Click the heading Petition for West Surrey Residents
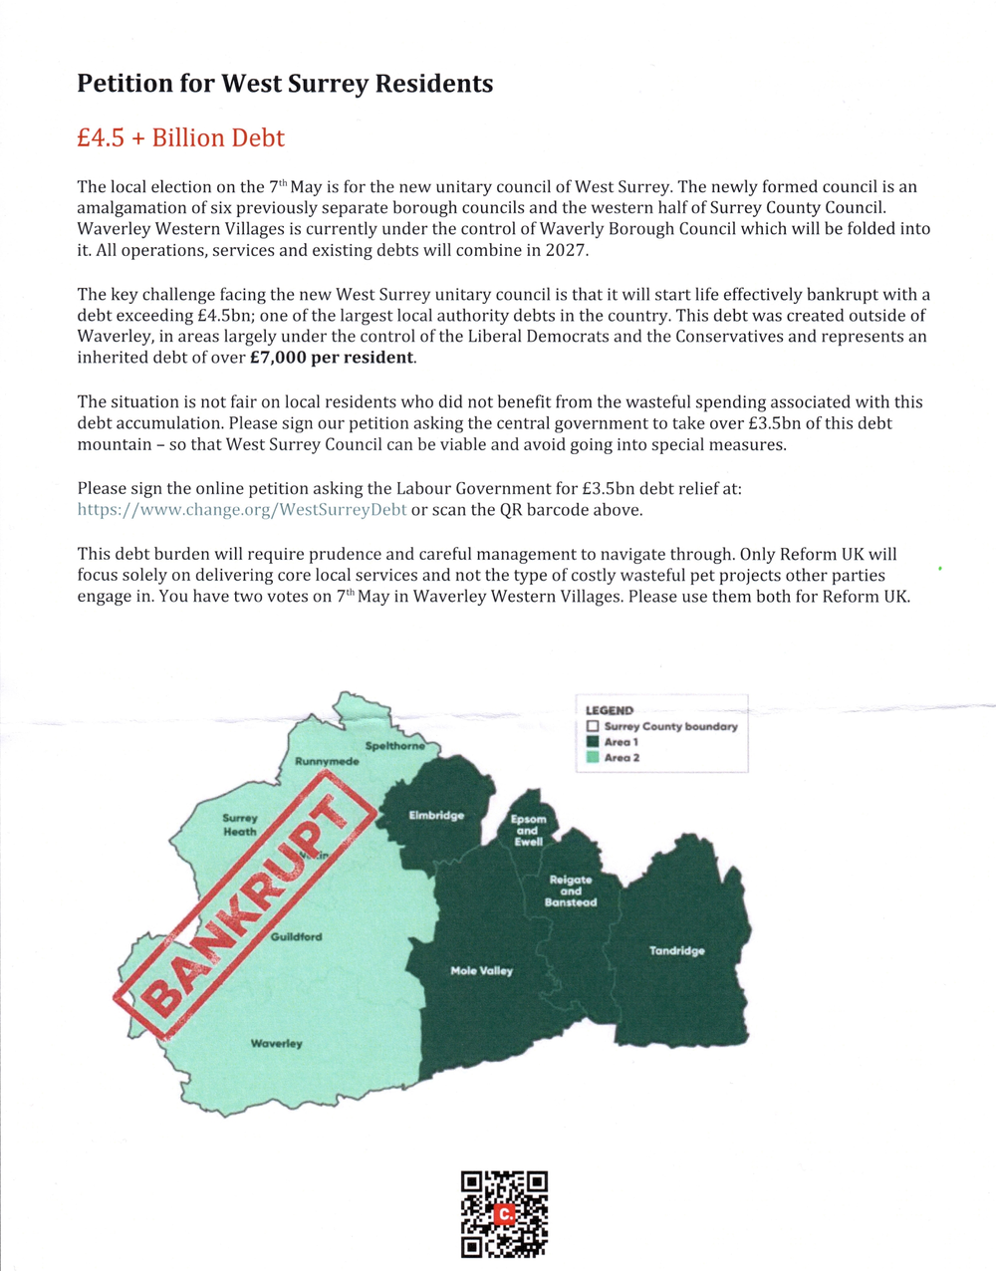(x=285, y=84)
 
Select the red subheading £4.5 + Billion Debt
(x=180, y=137)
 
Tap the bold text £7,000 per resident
(x=333, y=358)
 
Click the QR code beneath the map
(x=504, y=1213)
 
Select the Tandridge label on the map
(x=676, y=950)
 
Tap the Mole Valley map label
(x=481, y=970)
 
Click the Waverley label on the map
(x=276, y=1043)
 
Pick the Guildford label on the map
(x=296, y=936)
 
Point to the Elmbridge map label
(x=436, y=816)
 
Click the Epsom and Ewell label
(x=528, y=831)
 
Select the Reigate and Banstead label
(x=571, y=890)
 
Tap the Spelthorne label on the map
(x=394, y=746)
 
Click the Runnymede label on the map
(x=327, y=762)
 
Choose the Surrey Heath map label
(x=240, y=825)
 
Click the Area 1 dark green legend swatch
(x=593, y=742)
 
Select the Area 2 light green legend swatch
(x=593, y=758)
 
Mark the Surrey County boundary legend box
(x=593, y=726)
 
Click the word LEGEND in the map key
(x=609, y=710)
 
